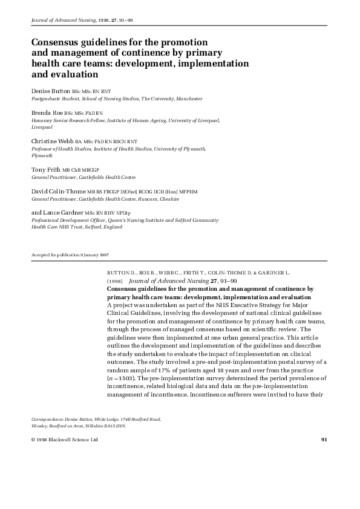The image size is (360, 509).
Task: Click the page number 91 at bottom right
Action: [324, 439]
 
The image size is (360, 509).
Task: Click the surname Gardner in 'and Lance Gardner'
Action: [71, 213]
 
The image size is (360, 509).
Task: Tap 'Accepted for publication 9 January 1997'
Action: [70, 255]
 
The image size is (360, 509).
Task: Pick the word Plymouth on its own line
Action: [41, 155]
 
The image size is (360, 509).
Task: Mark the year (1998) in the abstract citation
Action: [115, 281]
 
